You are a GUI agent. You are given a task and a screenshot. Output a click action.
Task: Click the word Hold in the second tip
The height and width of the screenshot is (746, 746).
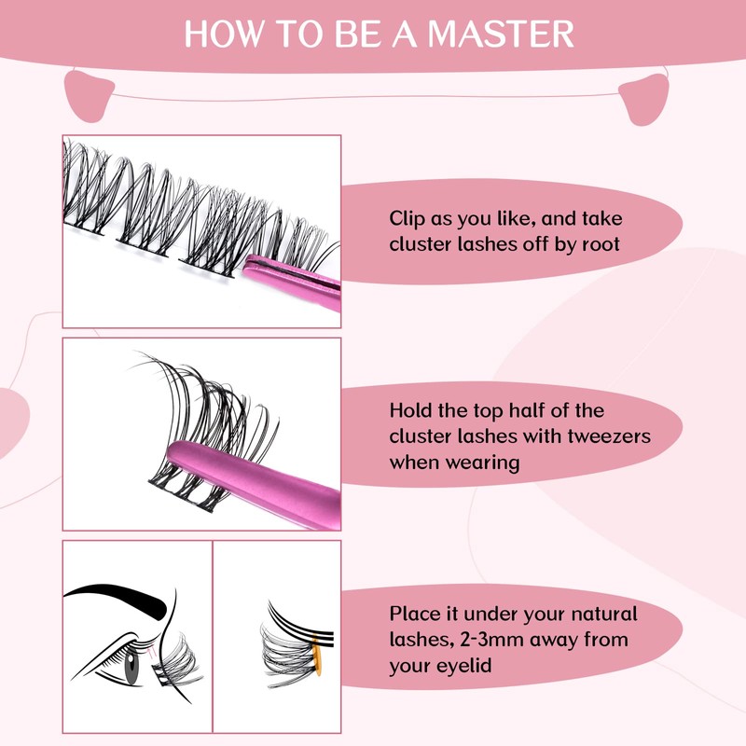pyautogui.click(x=410, y=410)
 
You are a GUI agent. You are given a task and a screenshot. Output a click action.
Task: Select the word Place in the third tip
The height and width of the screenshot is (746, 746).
pyautogui.click(x=413, y=615)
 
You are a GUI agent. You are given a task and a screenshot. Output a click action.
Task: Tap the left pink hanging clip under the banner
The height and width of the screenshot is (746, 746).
pyautogui.click(x=89, y=93)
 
